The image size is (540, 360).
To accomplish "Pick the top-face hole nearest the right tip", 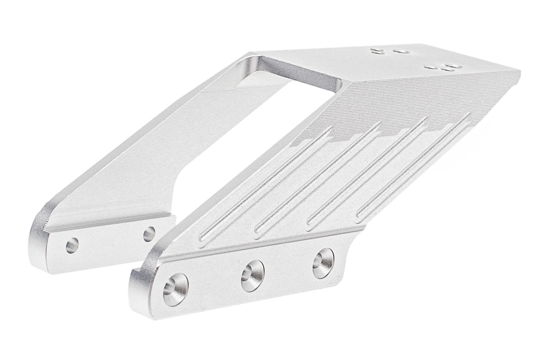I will point(449,68).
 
